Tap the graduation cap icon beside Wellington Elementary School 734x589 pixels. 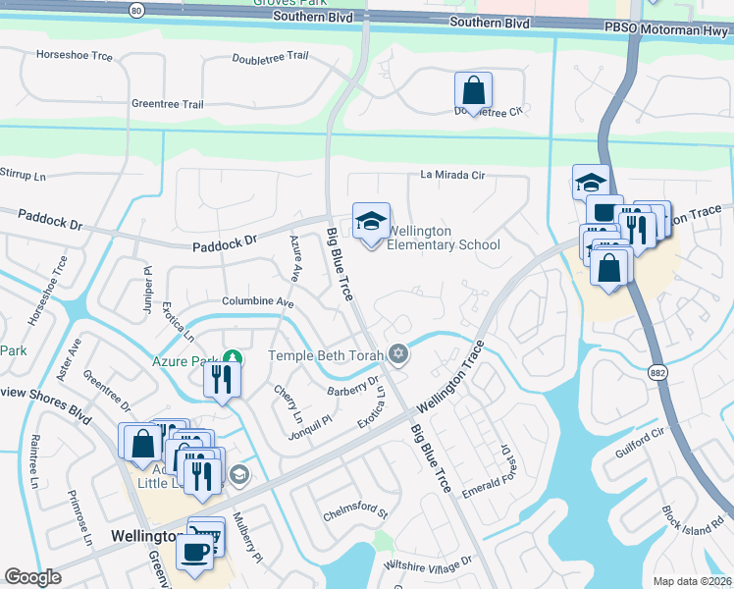(371, 222)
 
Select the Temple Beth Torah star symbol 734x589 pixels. (397, 352)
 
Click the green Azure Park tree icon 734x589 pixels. (232, 357)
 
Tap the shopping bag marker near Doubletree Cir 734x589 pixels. (473, 92)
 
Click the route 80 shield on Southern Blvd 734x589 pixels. (136, 10)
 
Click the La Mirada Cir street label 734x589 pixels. (452, 175)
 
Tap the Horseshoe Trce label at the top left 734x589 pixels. (74, 56)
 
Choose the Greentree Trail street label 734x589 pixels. (167, 103)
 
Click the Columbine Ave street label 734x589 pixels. (258, 301)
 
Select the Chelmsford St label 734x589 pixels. (355, 513)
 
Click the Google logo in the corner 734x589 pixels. (32, 577)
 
